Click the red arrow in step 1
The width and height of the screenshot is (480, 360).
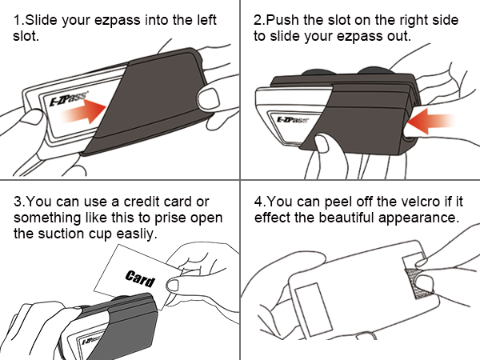(83, 111)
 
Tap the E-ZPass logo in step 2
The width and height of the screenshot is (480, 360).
(293, 120)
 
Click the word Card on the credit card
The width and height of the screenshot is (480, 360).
(140, 278)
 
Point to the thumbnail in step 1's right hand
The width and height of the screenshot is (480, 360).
(208, 99)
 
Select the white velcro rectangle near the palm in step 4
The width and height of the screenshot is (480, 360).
(314, 309)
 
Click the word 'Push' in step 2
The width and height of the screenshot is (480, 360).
(282, 20)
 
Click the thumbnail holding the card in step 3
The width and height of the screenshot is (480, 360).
(173, 286)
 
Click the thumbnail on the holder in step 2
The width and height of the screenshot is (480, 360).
(321, 143)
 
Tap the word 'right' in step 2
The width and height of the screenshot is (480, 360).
(414, 21)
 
